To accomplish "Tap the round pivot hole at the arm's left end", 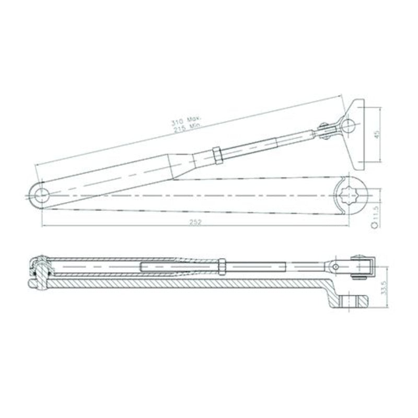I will coord(42,195).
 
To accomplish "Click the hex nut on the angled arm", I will coord(217,155).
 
